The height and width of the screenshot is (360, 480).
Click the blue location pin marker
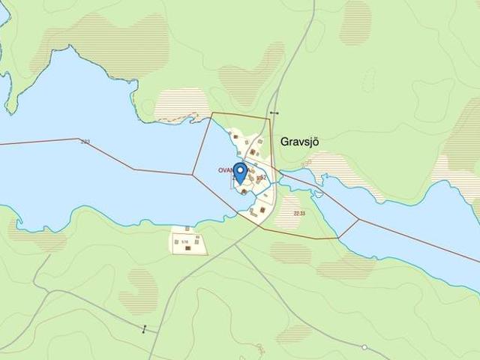[x=240, y=172]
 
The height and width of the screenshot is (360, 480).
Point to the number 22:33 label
[x=300, y=214]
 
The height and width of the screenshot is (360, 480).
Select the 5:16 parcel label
[x=184, y=241]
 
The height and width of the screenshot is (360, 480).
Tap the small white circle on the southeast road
[x=364, y=347]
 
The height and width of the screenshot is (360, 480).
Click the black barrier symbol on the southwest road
[x=145, y=328]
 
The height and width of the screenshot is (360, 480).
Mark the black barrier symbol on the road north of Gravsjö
[x=274, y=113]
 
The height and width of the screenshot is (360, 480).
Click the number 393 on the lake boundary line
[x=85, y=141]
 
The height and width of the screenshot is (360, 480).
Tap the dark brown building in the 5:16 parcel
[x=197, y=247]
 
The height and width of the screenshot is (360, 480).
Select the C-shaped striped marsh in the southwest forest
[x=139, y=291]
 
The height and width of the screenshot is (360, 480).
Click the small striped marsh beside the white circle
[x=294, y=332]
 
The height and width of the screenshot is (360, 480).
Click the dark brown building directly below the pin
[x=244, y=191]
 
